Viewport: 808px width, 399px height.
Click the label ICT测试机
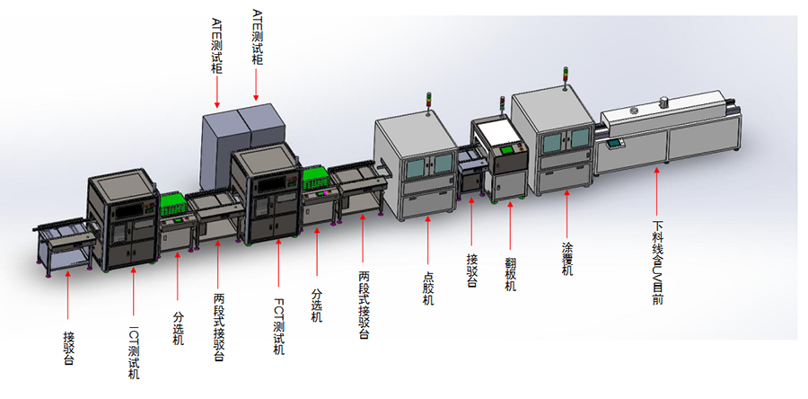click(134, 353)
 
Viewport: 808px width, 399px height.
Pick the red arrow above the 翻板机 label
click(511, 225)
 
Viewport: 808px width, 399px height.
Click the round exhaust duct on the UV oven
click(662, 102)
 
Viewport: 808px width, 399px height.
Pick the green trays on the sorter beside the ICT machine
click(173, 206)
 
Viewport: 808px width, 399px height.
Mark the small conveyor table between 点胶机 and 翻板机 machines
click(470, 171)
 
